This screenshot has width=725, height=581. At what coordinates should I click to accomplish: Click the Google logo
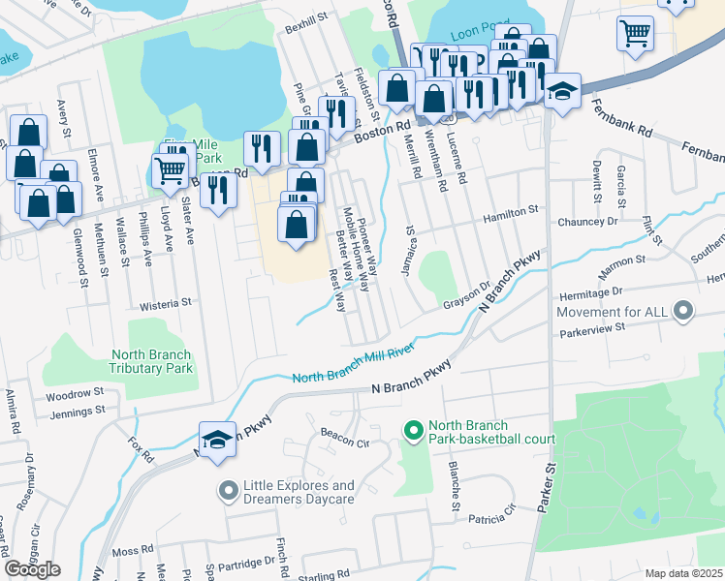[32, 569]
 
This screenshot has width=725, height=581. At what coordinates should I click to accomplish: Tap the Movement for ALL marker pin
[684, 312]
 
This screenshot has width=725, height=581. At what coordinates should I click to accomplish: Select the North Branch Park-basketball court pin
[413, 428]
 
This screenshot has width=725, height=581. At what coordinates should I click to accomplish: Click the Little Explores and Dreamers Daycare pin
[228, 492]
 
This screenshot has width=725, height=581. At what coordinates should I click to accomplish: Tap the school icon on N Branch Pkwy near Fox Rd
[218, 441]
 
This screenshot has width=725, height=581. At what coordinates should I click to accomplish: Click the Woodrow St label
[75, 394]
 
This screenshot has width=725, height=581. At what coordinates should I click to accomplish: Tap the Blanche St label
[454, 485]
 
